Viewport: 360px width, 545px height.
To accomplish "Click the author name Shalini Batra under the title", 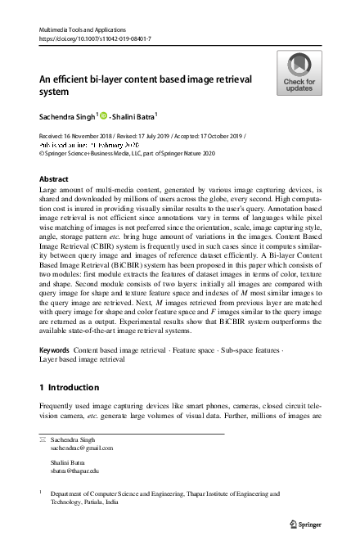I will (136, 115).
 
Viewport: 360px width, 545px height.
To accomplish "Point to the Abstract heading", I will (54, 178).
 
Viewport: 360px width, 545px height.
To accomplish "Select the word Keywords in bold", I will (55, 349).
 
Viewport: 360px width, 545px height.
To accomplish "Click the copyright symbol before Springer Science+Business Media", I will (43, 152).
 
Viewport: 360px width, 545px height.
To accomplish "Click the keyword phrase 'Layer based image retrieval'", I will (83, 359).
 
